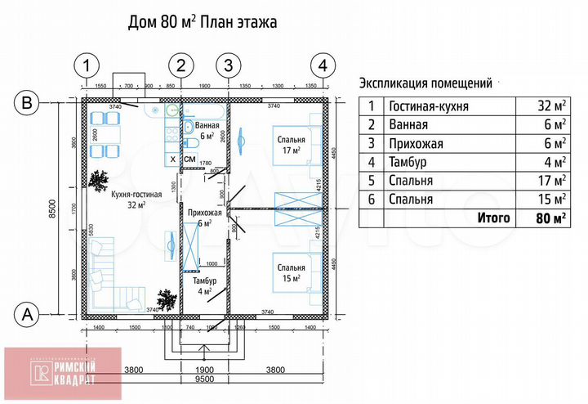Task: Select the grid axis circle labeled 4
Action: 323,64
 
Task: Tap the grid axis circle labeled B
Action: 27,103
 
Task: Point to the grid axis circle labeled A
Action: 27,312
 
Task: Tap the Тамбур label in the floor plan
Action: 203,285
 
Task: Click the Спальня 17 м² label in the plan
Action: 290,144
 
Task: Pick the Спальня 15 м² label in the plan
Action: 290,272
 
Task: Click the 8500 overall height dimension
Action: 52,209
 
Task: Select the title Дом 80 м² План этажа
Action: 204,22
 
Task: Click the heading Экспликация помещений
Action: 425,83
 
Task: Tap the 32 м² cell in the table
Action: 550,106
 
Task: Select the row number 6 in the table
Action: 372,199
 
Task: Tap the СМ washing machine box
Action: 189,158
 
